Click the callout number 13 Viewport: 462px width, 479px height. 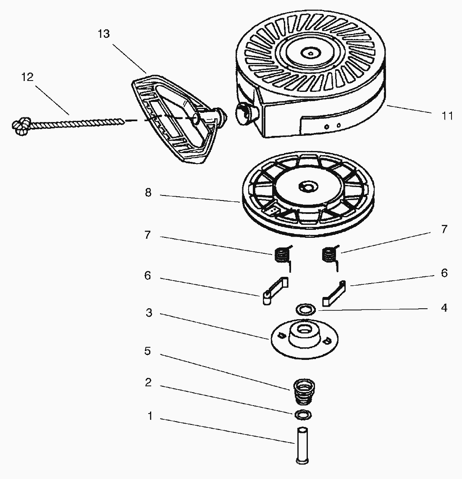point(103,34)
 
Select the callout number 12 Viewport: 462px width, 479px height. point(27,77)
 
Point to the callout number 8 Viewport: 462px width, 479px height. point(148,193)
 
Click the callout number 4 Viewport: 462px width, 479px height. point(444,308)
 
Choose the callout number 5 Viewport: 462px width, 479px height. point(147,351)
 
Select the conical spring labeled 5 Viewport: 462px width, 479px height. point(304,391)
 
